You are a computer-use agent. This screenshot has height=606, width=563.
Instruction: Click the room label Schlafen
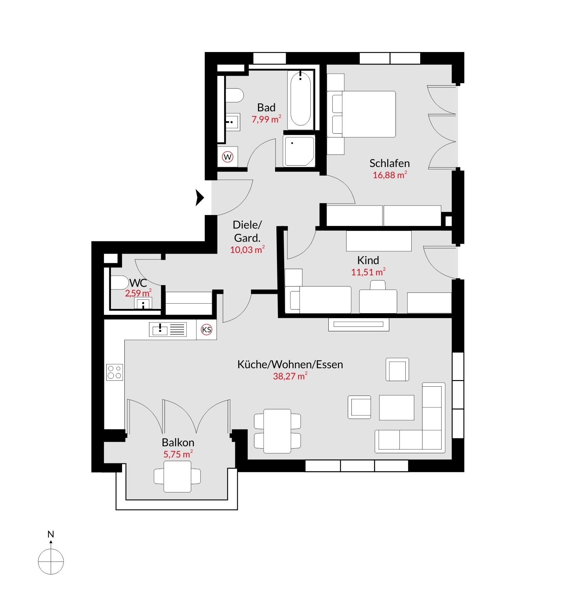click(389, 163)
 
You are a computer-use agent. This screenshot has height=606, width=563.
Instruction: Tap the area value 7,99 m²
click(266, 119)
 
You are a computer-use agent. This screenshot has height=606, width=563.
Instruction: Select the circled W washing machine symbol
click(228, 157)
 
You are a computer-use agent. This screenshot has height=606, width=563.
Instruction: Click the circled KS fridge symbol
click(207, 330)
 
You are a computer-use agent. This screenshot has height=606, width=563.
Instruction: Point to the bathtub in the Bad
click(300, 100)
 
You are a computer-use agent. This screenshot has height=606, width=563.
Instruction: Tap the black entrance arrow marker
click(200, 198)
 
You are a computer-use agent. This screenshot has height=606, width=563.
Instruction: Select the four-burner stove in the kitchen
click(115, 372)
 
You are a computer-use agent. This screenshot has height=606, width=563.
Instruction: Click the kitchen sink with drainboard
click(168, 329)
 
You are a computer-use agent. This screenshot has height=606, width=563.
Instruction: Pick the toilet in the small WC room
click(119, 283)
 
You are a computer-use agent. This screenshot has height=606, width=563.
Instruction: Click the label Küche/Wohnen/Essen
click(290, 365)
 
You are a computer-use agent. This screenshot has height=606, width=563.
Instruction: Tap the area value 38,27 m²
click(290, 376)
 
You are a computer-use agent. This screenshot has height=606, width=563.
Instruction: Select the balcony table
click(178, 476)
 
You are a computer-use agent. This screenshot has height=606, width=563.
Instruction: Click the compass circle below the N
click(51, 562)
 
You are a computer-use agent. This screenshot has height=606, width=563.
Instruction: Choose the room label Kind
click(368, 261)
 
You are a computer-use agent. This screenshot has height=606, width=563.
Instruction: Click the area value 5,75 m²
click(178, 454)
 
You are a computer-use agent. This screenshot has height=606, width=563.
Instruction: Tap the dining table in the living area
click(277, 431)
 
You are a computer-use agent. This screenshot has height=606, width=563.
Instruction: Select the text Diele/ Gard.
click(247, 231)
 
